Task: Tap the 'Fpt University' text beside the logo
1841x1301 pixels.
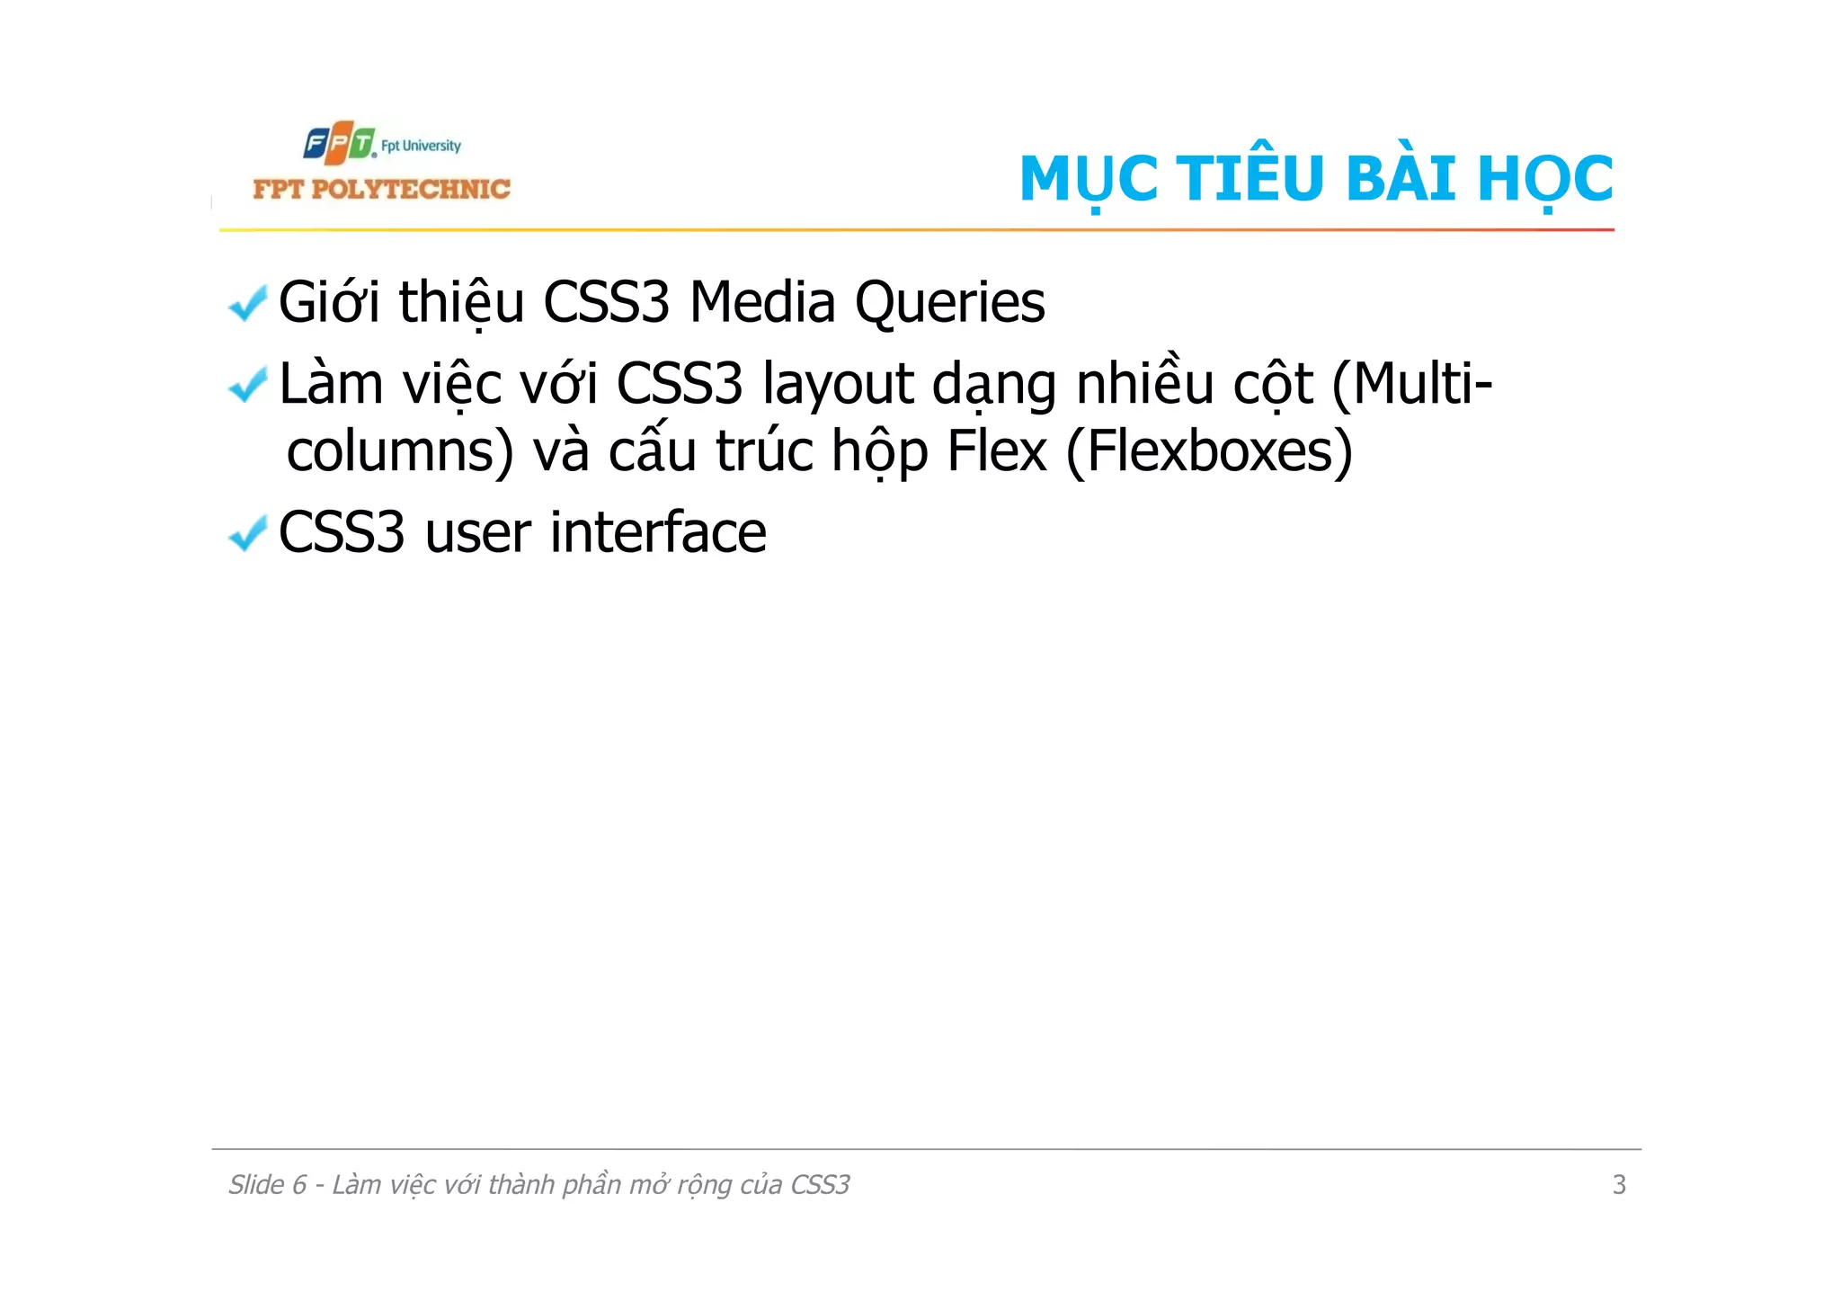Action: [x=421, y=146]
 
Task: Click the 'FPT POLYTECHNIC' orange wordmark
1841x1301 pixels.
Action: [x=381, y=189]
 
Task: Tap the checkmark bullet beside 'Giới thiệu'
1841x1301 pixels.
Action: [x=247, y=303]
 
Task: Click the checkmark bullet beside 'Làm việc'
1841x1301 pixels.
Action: [x=247, y=385]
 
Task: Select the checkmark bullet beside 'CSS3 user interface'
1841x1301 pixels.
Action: [x=247, y=533]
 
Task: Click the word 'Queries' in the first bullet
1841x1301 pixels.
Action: [x=949, y=303]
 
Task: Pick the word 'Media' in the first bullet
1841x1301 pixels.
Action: [x=761, y=302]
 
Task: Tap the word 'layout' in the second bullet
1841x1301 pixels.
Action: [x=837, y=385]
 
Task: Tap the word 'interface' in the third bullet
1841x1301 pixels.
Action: [x=658, y=532]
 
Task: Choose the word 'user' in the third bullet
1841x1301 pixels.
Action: [x=477, y=534]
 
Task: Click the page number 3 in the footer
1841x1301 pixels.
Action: [x=1619, y=1185]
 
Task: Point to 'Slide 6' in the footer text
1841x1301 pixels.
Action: [x=267, y=1185]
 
